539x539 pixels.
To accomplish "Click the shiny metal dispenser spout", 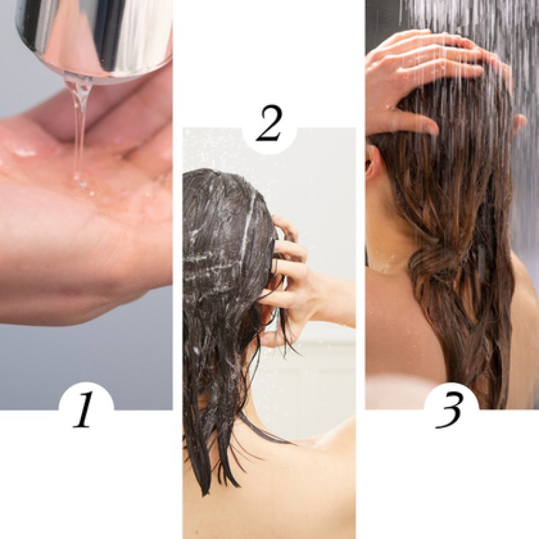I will (94, 34).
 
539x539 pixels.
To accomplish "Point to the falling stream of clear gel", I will (80, 121).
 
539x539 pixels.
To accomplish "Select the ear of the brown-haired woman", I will (373, 162).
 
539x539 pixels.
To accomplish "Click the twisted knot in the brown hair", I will (431, 269).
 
